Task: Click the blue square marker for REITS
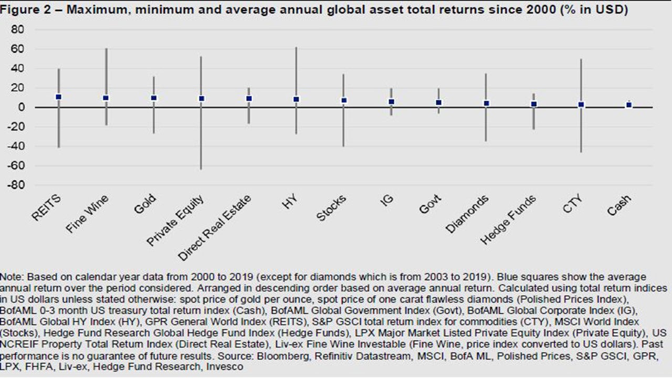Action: [58, 97]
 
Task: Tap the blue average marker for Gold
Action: [154, 98]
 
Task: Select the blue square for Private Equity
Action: [202, 99]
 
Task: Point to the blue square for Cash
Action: [629, 105]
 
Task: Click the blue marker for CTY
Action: [581, 104]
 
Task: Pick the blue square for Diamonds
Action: [486, 103]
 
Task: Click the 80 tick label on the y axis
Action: [17, 29]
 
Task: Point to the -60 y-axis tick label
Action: [15, 165]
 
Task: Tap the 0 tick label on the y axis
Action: [21, 107]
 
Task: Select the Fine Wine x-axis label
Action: [87, 214]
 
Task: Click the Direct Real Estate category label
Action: [214, 228]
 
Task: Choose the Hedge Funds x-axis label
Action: [508, 219]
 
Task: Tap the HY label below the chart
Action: [290, 202]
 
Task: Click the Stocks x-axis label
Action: [331, 208]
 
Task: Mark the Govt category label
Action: [430, 204]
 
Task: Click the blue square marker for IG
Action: [392, 102]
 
